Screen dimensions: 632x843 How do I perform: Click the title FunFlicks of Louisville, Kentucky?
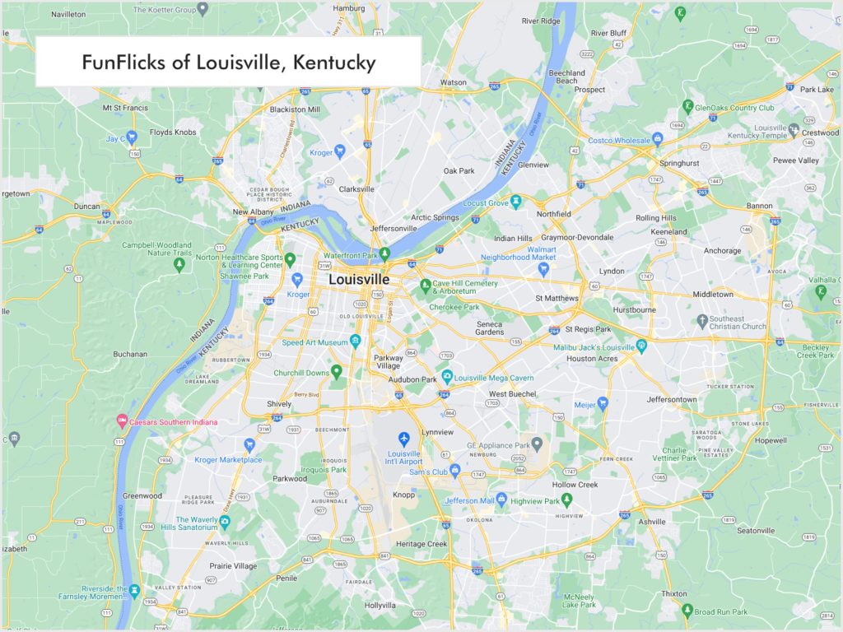pos(228,63)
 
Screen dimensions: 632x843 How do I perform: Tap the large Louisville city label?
pos(358,280)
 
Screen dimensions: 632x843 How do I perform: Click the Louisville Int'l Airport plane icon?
pos(403,438)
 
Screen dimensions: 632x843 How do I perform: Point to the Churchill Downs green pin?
pos(336,372)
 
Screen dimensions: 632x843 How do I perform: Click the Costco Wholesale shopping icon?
pos(657,140)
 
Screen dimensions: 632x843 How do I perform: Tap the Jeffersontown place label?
pos(671,400)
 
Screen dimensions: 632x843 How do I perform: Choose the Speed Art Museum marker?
pos(355,342)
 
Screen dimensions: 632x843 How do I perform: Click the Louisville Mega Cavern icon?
pos(447,378)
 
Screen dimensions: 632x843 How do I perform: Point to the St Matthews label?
pos(557,298)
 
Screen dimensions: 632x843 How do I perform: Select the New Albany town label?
pos(253,212)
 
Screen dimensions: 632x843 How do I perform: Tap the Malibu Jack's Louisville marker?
pos(641,346)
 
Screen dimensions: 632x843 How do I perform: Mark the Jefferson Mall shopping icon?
pos(501,500)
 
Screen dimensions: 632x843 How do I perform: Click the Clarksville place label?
pos(356,188)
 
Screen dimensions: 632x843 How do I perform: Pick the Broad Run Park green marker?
pos(687,611)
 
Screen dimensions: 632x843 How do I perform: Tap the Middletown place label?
pos(713,295)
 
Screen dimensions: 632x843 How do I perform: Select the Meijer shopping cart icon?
pos(603,404)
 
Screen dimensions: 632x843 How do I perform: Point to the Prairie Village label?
pos(233,566)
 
